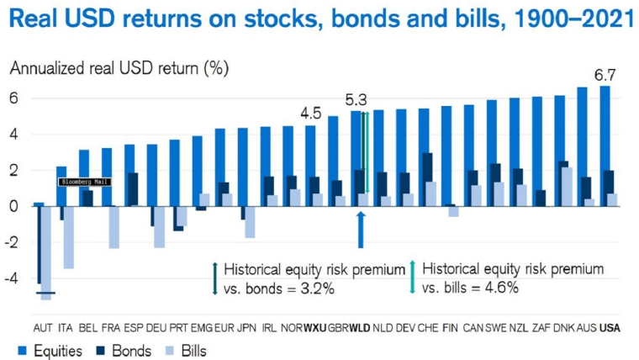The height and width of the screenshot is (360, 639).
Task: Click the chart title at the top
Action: click(x=319, y=19)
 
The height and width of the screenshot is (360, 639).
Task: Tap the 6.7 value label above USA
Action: click(x=605, y=76)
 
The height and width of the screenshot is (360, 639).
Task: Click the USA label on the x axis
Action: click(x=609, y=327)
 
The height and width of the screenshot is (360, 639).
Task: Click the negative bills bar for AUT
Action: click(x=47, y=252)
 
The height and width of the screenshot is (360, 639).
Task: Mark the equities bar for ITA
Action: click(x=61, y=186)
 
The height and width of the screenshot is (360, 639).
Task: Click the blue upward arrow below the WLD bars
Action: click(x=360, y=230)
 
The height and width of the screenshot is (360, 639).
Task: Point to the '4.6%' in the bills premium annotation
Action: click(x=501, y=288)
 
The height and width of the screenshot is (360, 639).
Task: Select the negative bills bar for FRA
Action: click(x=114, y=227)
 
